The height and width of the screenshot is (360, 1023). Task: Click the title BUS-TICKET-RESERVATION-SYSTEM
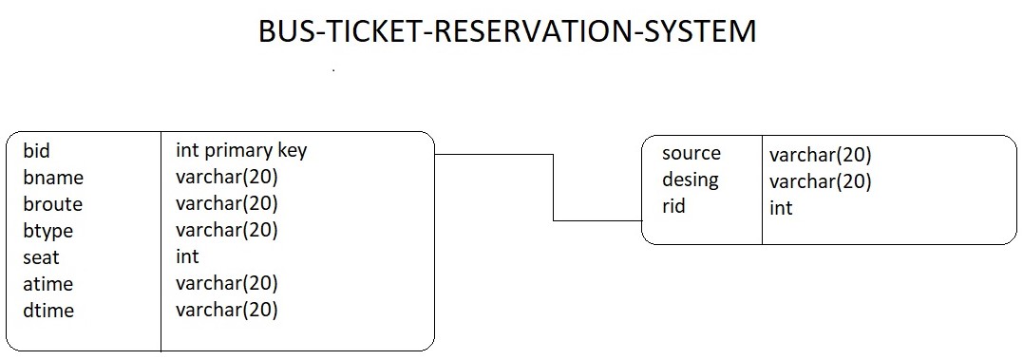[x=507, y=31]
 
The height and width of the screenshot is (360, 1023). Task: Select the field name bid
[x=36, y=150]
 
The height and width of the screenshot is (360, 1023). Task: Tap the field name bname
[x=53, y=178]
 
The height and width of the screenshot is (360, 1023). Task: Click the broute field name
[x=53, y=204]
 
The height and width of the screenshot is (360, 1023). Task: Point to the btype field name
[x=48, y=231]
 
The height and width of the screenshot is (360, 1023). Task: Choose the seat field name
[x=41, y=257]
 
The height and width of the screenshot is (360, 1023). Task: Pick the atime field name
[x=48, y=284]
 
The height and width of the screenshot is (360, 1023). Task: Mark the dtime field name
[x=48, y=311]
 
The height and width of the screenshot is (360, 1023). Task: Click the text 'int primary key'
[x=241, y=150]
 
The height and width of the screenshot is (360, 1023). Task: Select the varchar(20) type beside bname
[x=226, y=177]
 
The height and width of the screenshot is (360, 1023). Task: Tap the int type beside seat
[x=187, y=256]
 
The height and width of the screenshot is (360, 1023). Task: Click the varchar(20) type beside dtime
[x=226, y=310]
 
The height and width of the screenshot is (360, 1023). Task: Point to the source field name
[x=691, y=153]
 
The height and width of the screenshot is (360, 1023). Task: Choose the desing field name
[x=691, y=180]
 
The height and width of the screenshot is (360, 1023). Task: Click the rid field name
[x=673, y=206]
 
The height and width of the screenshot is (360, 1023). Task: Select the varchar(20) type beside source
[x=820, y=155]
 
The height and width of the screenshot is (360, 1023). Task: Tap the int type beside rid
[x=781, y=207]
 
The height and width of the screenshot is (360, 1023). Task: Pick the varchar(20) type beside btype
[x=226, y=230]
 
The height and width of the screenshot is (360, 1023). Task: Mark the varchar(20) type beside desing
[x=820, y=181]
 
